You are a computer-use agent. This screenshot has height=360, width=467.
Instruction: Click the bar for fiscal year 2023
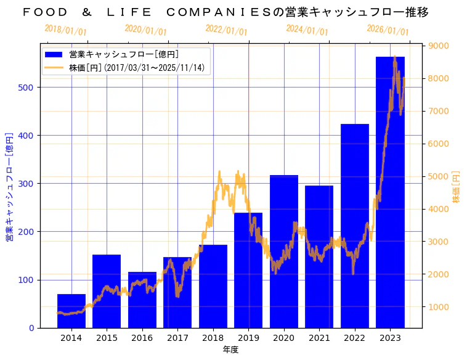coord(390,197)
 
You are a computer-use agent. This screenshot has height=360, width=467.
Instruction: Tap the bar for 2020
coord(284,253)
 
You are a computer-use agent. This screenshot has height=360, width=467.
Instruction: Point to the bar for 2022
coord(355,228)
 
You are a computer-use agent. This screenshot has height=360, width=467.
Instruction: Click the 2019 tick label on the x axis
coord(248,338)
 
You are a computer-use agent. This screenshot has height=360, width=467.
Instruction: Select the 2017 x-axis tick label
coord(177,338)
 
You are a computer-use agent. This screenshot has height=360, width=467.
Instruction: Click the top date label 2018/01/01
coord(66,30)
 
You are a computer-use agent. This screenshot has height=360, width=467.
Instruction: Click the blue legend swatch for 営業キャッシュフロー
coord(54,55)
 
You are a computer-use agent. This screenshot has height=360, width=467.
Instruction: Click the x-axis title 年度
coord(230,350)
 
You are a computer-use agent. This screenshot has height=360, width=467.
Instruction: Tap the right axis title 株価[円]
coord(457,187)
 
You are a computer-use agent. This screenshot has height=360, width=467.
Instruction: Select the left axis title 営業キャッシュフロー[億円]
coord(10,187)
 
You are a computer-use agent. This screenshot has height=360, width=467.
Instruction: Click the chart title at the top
coord(225,12)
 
